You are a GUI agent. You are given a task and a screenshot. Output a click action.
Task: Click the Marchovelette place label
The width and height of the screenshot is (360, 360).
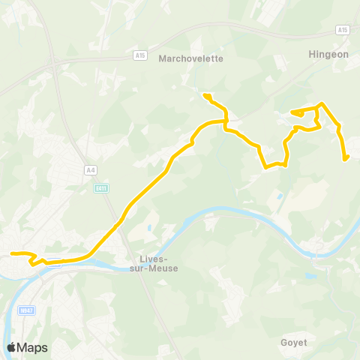click(x=192, y=59)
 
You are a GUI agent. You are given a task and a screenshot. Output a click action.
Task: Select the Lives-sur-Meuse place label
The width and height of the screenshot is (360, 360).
click(x=154, y=264)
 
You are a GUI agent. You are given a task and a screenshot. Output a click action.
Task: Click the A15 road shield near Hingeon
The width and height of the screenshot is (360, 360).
click(x=343, y=30)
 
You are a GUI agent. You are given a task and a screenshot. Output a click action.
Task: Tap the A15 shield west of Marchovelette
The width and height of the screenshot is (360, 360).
click(x=140, y=55)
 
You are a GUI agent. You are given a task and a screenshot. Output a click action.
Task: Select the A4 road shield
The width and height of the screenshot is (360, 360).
click(x=91, y=170)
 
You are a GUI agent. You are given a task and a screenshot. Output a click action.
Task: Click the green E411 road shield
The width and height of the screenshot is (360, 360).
click(x=102, y=188)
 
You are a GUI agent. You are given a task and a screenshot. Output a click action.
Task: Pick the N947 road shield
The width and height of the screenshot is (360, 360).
click(x=27, y=310)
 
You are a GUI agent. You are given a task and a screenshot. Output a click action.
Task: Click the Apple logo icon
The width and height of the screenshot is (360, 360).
click(x=12, y=347)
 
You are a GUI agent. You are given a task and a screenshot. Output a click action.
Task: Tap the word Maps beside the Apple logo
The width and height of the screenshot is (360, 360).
click(x=33, y=347)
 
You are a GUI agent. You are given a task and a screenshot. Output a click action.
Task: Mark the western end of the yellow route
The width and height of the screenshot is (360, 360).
click(x=10, y=253)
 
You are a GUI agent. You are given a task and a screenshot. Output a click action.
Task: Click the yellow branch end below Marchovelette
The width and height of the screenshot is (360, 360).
click(x=205, y=94)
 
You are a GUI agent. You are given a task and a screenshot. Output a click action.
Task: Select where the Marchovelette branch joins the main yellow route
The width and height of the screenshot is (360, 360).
click(x=225, y=120)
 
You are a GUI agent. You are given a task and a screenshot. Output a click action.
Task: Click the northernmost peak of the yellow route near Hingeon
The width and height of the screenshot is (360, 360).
click(x=322, y=103)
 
